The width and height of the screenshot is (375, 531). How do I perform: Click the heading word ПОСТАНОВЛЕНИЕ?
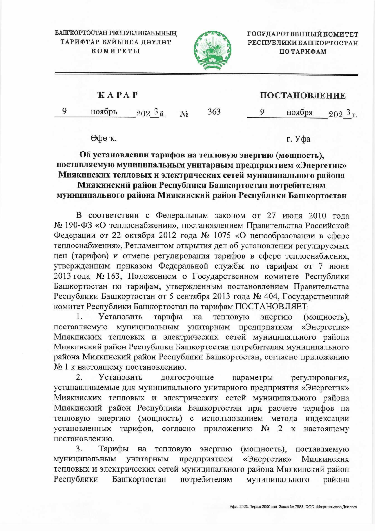pos(303,95)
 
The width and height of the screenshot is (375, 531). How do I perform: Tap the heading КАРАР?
pos(117,95)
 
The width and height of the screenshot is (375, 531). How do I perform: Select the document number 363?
pos(214,111)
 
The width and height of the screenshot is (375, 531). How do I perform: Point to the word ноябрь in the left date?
pos(104,111)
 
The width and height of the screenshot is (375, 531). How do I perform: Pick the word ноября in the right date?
pos(299,112)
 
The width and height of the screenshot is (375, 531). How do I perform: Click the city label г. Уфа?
pos(298,139)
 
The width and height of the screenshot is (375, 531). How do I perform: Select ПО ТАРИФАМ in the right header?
pos(302,52)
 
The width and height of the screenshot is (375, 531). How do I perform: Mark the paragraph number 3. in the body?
pos(79,449)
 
